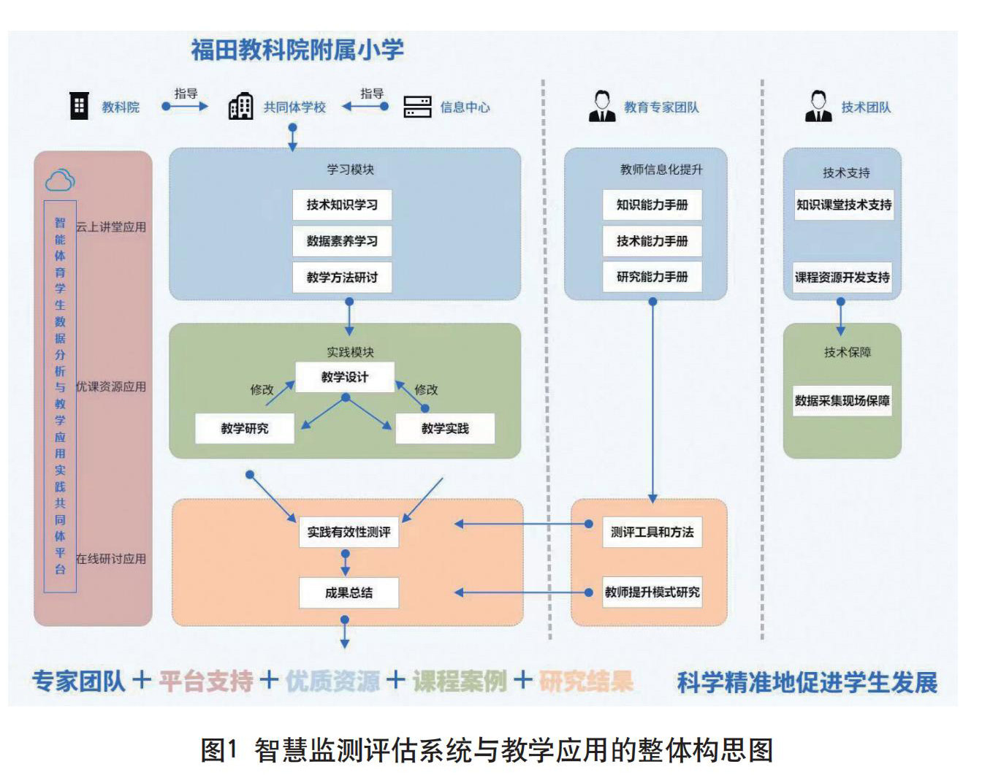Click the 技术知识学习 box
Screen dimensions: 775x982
[x=342, y=205]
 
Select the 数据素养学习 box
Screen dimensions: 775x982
[x=342, y=241]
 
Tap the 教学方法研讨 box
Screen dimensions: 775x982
[x=342, y=278]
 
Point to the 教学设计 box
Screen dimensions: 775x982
[x=345, y=377]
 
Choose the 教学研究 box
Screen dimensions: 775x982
[x=245, y=429]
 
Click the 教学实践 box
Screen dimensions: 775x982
[x=445, y=429]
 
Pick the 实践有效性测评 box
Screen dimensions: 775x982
[x=349, y=532]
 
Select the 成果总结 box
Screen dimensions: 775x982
[x=349, y=593]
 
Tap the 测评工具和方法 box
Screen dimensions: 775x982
[x=652, y=532]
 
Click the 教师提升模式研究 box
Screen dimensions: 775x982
[x=652, y=592]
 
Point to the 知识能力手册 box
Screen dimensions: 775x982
[x=652, y=205]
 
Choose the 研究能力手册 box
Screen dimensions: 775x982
[x=652, y=277]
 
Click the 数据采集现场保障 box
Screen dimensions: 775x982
[x=842, y=401]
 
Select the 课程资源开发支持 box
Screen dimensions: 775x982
[x=842, y=278]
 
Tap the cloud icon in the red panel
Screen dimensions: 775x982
[x=60, y=180]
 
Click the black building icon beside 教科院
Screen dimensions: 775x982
[x=79, y=106]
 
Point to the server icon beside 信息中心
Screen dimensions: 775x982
[x=418, y=107]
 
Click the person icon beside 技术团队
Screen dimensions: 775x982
[x=818, y=107]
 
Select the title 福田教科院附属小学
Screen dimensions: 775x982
[x=297, y=50]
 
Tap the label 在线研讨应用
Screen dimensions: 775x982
[x=111, y=559]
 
